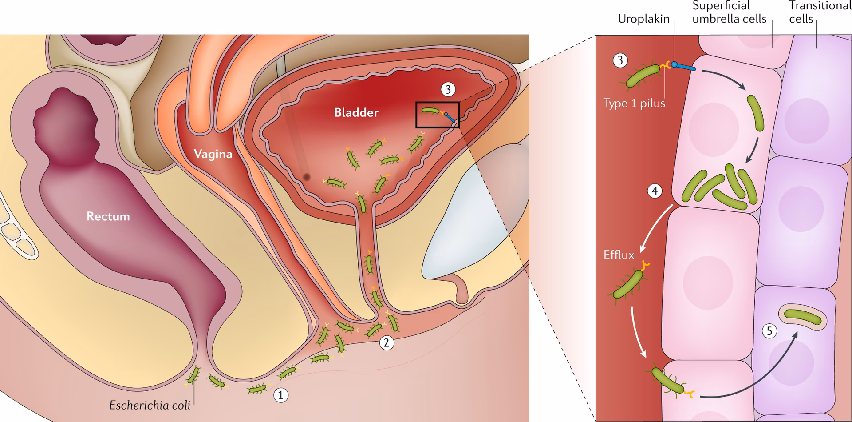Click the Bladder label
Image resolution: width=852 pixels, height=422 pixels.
356,112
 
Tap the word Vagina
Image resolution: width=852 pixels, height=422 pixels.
213,154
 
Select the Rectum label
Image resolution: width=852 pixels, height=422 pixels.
108,216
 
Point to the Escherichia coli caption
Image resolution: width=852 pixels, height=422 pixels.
150,406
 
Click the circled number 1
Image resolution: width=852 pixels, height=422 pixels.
280,395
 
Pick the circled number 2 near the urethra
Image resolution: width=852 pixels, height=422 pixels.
387,342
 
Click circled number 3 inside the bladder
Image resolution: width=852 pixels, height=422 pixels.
448,89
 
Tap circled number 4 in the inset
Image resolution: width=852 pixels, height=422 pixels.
655,191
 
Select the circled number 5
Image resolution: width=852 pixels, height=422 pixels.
769,331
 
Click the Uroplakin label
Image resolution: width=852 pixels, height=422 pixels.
643,19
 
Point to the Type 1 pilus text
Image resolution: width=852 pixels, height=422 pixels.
634,103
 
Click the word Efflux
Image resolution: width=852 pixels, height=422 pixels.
619,255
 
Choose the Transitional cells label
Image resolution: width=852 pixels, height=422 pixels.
820,12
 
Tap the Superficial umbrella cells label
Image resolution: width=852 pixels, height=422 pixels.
729,12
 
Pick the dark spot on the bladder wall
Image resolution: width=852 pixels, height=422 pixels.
306,177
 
